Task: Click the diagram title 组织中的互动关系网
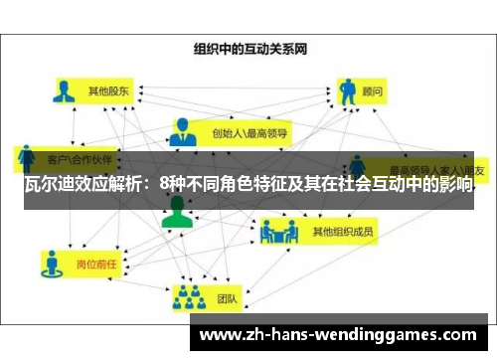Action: pos(248,47)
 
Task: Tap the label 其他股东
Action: pos(109,91)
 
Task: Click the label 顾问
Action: pos(372,90)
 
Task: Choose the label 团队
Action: pos(226,295)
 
